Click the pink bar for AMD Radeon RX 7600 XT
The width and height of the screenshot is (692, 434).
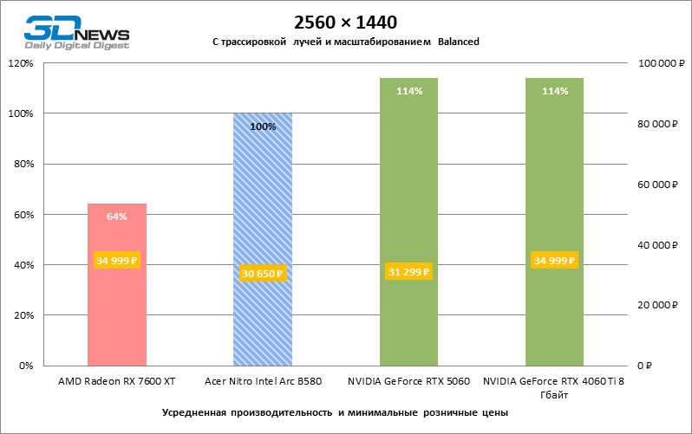[117, 312]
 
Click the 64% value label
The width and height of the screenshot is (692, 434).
[117, 217]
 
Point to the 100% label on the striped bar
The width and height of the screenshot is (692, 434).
[263, 126]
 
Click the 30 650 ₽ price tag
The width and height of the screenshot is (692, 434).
[263, 274]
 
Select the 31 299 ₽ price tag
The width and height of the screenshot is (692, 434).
[408, 272]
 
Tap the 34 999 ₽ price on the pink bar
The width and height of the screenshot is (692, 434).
[117, 260]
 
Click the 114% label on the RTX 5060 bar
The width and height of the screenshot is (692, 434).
[408, 91]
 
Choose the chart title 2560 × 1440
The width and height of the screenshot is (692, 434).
[345, 21]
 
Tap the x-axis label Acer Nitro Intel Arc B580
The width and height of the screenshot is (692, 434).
[263, 380]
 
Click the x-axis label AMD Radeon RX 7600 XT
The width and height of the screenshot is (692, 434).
[117, 380]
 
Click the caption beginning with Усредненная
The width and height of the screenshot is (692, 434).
[335, 411]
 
